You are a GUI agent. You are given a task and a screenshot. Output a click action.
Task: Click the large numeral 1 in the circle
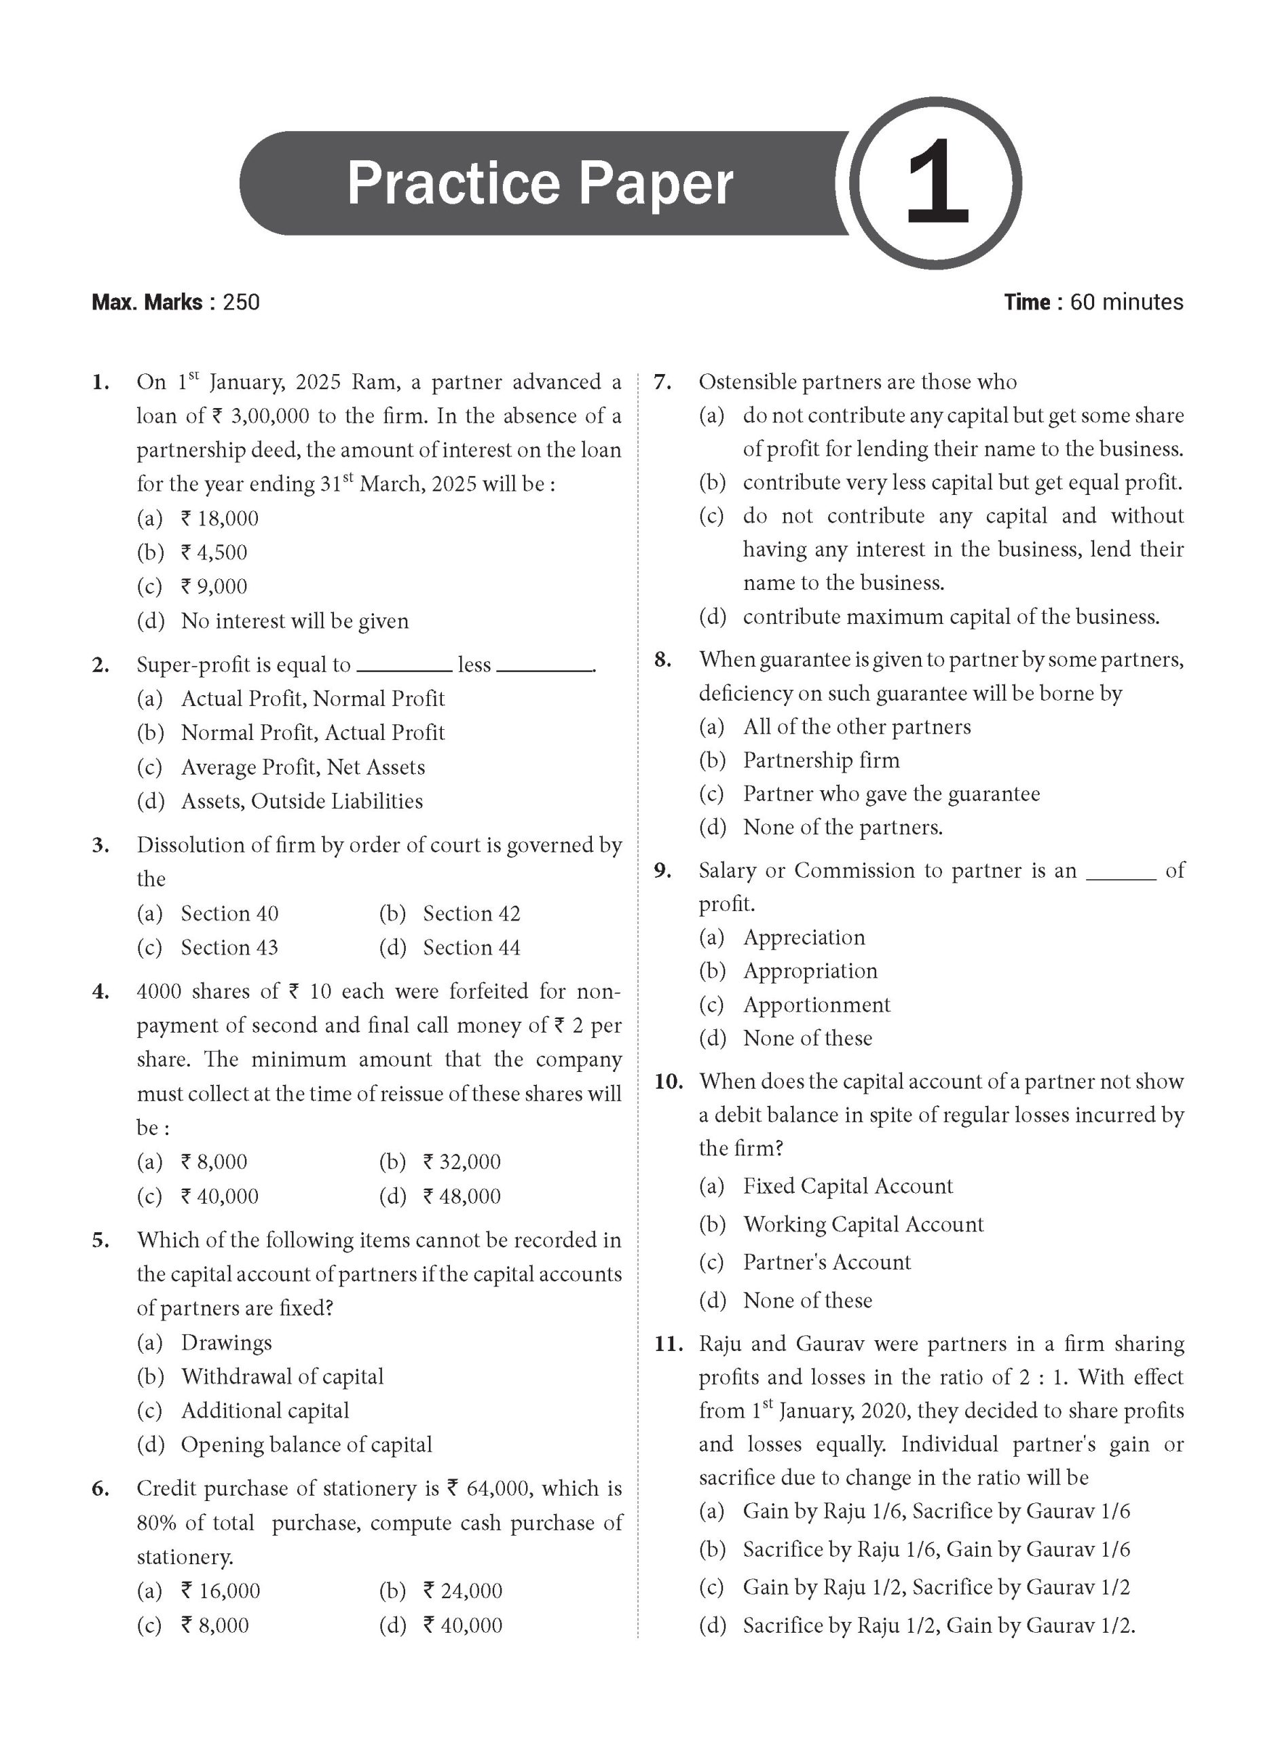pos(936,183)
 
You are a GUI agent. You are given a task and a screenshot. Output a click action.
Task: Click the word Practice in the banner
pos(453,183)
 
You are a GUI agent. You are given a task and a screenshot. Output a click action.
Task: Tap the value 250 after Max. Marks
pos(241,302)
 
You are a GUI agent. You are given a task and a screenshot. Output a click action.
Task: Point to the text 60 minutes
pos(1126,302)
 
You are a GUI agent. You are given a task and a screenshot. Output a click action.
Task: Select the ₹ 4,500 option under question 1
pos(214,553)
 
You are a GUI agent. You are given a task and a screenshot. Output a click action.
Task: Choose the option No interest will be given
pos(295,621)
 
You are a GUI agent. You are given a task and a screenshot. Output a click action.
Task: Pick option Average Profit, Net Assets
pos(303,767)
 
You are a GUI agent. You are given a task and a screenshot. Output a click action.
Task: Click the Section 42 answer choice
pos(471,913)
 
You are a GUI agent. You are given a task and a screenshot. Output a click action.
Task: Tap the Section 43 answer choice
pos(229,948)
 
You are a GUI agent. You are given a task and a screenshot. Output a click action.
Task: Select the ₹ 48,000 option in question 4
pos(462,1196)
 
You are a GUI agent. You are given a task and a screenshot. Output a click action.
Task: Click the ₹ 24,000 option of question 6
pos(463,1591)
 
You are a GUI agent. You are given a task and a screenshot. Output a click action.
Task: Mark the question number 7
pos(662,382)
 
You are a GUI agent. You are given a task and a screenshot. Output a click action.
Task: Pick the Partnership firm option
pos(821,760)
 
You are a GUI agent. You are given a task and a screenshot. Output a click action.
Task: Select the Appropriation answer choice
pos(810,971)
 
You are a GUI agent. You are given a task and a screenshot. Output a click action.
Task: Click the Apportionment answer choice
pos(817,1005)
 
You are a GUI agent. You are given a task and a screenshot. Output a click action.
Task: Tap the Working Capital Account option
pos(863,1224)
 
